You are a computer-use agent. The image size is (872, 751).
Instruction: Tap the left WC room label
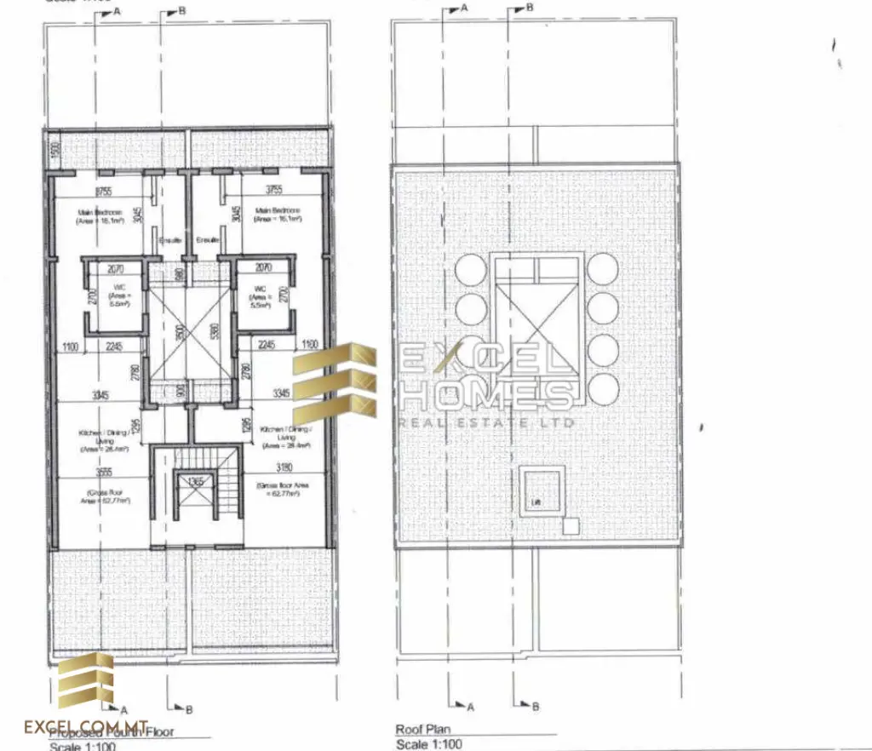click(x=119, y=300)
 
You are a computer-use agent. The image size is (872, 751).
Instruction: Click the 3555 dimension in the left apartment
click(x=103, y=473)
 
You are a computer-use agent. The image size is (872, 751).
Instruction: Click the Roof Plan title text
click(x=422, y=730)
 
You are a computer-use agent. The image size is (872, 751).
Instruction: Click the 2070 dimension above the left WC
click(x=116, y=268)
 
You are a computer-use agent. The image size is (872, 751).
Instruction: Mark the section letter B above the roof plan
click(x=530, y=8)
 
